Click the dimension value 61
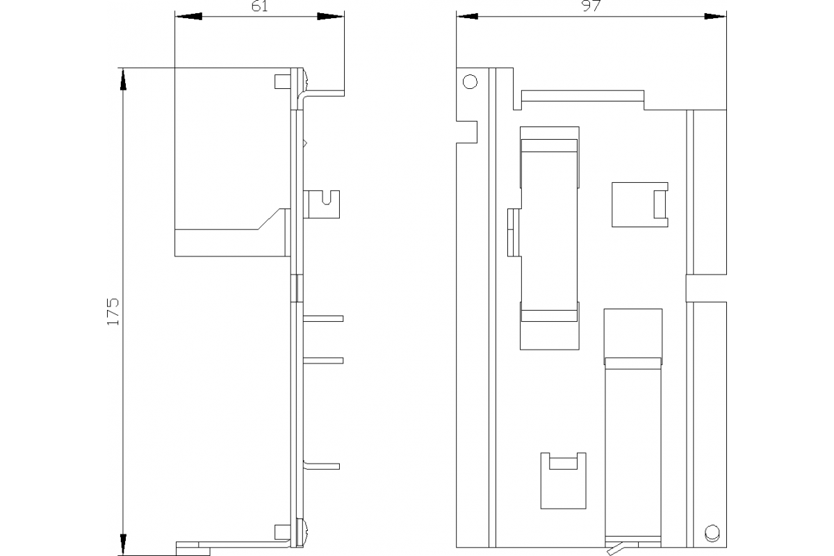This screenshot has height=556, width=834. point(259,6)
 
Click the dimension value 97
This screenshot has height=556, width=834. point(591,6)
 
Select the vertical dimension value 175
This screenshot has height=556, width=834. point(113,311)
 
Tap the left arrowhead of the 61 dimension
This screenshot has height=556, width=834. point(188,17)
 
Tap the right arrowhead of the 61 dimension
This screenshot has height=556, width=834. point(331,17)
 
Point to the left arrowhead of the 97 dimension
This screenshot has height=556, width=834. point(467,17)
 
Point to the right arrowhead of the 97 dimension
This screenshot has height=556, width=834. point(715,17)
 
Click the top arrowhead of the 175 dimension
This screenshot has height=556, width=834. point(123,79)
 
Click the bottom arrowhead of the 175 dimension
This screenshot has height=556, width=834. point(123,545)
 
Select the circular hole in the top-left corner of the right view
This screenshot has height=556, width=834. point(470,81)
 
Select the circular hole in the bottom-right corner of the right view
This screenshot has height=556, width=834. point(712,533)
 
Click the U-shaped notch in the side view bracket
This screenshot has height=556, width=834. point(327,198)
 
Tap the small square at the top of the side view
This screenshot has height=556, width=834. point(283,81)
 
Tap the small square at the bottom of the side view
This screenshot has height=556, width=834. point(283,532)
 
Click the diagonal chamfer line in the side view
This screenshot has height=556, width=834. point(269,219)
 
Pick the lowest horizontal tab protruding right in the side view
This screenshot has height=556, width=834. point(322,466)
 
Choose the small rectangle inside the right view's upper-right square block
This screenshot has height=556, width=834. point(661,204)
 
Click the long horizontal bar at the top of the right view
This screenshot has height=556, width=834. point(582,96)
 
